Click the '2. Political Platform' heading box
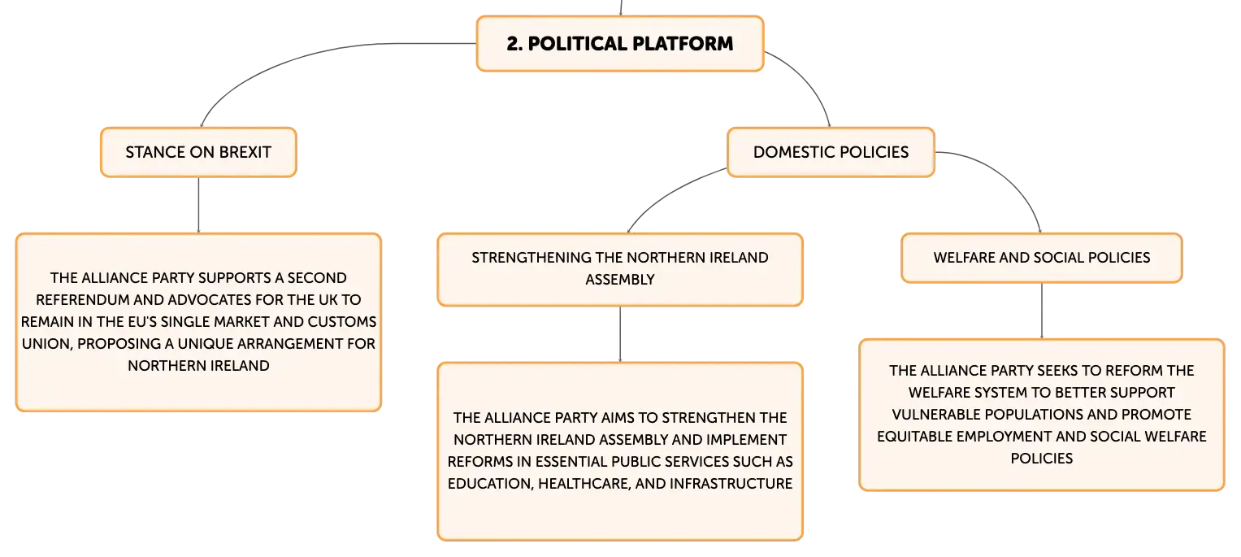[620, 44]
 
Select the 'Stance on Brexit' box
[198, 152]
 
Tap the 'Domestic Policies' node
[831, 152]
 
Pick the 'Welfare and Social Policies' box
[1042, 258]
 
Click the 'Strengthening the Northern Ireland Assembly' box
[620, 269]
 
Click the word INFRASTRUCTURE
[731, 484]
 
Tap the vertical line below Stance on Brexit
[198, 205]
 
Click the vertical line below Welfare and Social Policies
[1042, 311]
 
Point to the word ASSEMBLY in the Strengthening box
[620, 280]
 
